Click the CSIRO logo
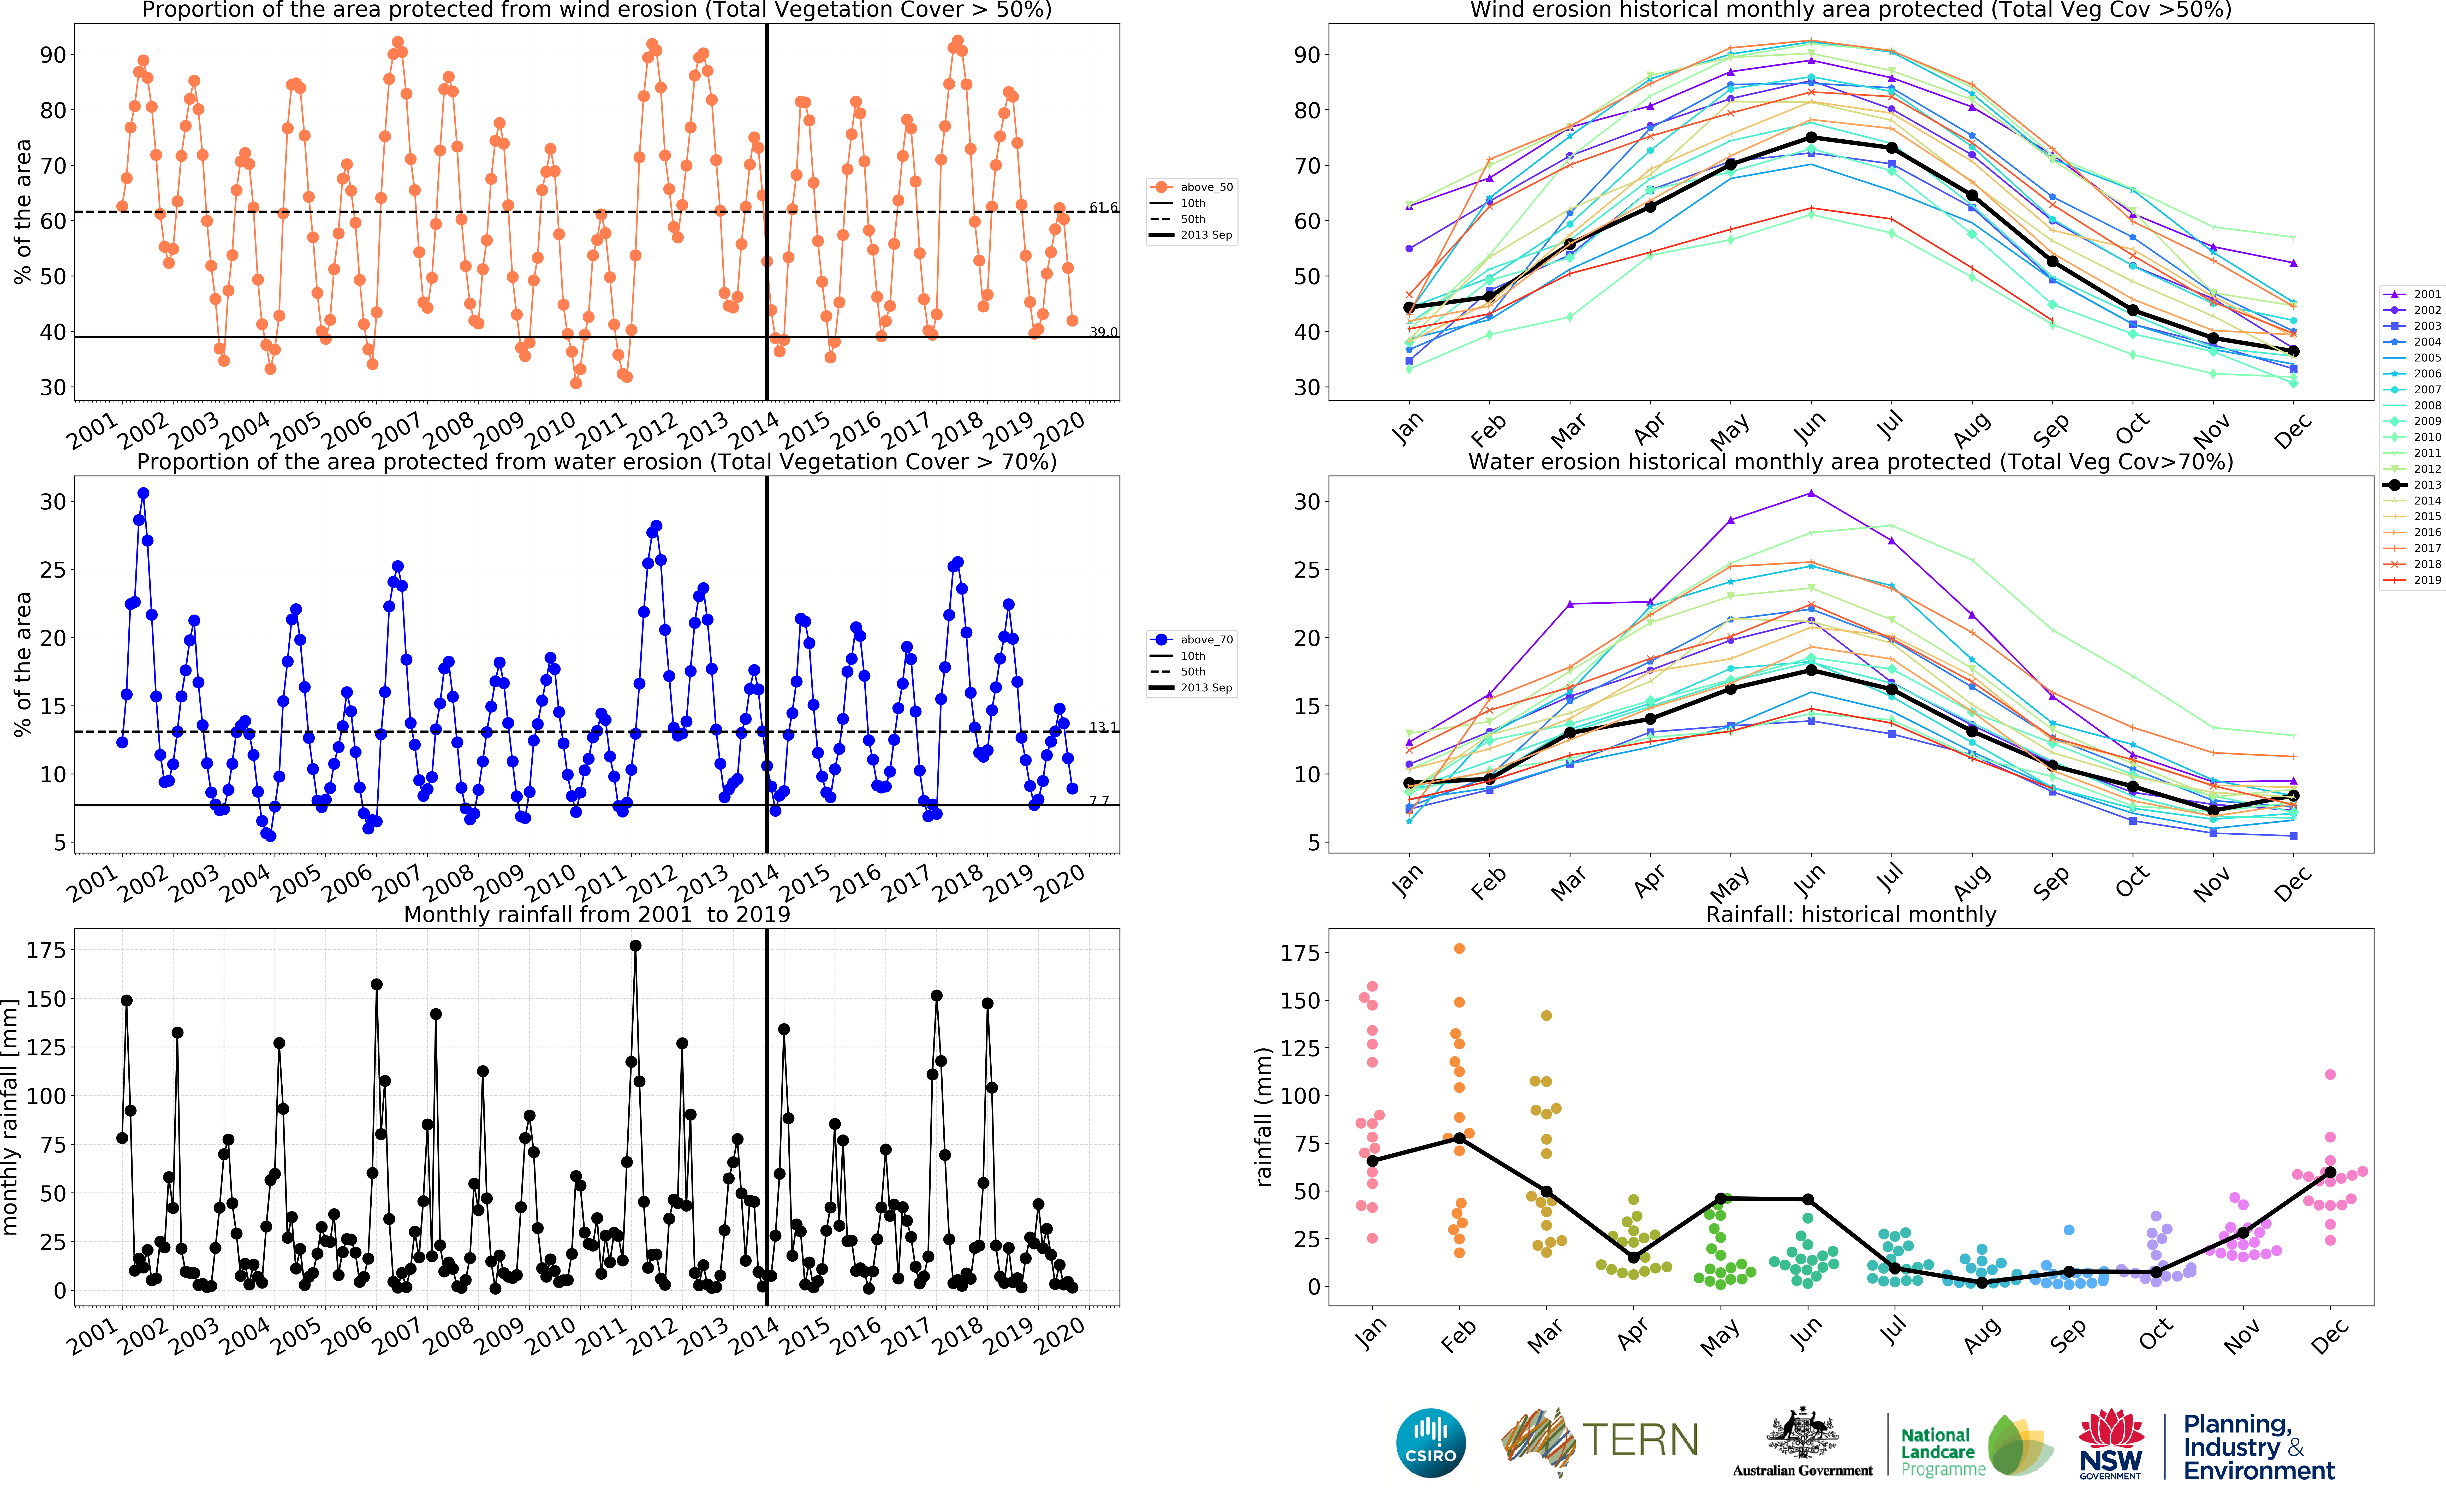1431,1442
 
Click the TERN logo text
1640,1440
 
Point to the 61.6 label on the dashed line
1103,207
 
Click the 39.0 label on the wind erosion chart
1103,332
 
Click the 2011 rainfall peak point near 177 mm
636,946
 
